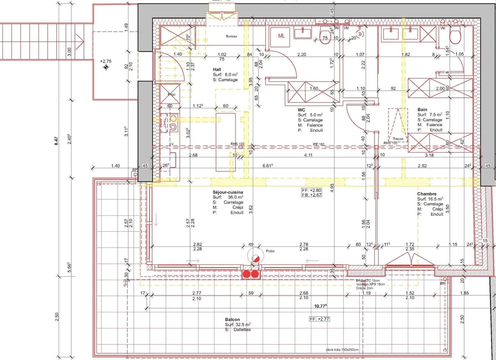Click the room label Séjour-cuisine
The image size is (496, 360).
(228, 192)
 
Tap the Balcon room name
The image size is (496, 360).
(232, 319)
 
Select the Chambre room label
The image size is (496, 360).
(426, 194)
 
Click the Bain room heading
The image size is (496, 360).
(422, 109)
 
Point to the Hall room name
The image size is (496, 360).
(217, 69)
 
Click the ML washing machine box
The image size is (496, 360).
(281, 35)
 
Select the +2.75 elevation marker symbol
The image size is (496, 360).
(106, 67)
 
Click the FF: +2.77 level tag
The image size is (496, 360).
(319, 319)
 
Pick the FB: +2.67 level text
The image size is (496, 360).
(311, 195)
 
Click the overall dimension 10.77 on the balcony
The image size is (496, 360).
(320, 306)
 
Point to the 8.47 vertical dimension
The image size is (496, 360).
(56, 141)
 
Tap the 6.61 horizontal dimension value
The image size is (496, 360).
(267, 166)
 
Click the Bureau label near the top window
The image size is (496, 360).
(231, 36)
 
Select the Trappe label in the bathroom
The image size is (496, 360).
(398, 139)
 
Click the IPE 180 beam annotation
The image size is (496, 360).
(318, 144)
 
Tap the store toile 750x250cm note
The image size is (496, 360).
(342, 350)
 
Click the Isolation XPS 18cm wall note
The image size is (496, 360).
(370, 284)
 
